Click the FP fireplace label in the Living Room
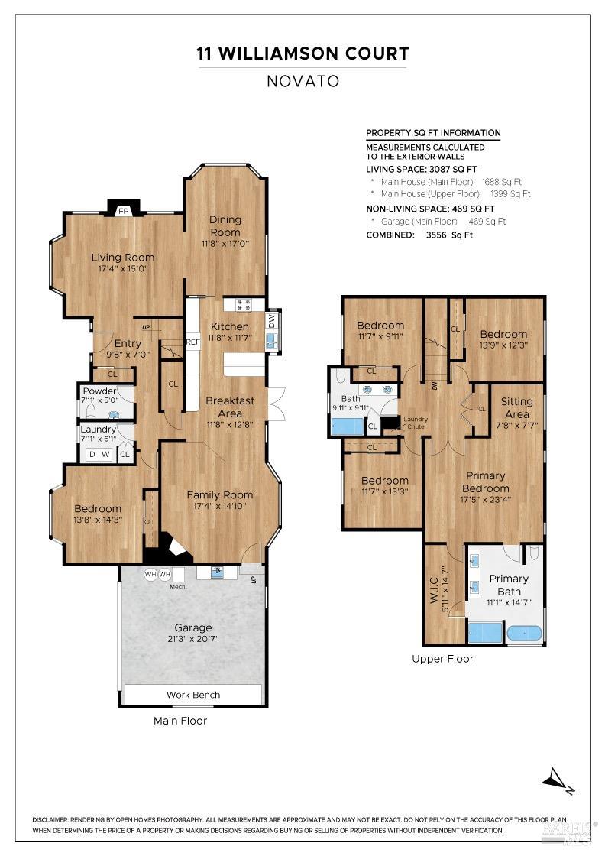pos(122,211)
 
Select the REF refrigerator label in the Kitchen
pos(192,342)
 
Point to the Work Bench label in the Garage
pos(193,695)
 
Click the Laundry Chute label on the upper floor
pos(416,422)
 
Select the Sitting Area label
pos(516,407)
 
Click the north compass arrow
pos(556,780)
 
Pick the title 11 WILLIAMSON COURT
pos(302,53)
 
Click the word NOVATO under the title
pos(302,81)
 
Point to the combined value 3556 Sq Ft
pos(449,235)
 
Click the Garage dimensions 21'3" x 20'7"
pos(192,640)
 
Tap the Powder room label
pos(99,391)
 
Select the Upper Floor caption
pos(442,658)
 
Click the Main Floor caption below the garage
pos(180,720)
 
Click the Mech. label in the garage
pos(178,586)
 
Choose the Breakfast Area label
pos(230,407)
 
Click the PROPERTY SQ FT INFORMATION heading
pos(433,133)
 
